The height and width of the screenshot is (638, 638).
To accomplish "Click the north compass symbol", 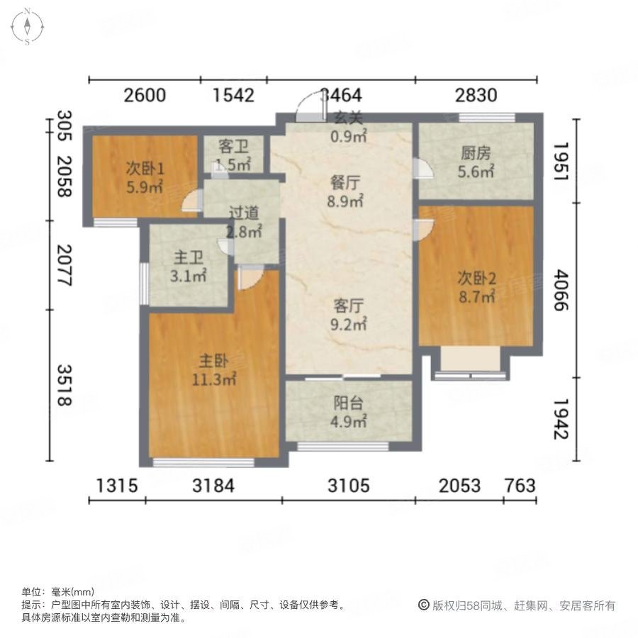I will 27,26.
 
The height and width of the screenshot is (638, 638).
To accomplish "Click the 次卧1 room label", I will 145,169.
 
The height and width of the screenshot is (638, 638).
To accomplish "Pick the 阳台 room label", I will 349,403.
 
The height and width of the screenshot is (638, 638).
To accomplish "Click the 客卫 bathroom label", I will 233,147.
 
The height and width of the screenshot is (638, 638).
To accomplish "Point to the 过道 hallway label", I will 243,212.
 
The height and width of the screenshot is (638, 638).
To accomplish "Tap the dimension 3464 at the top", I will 341,94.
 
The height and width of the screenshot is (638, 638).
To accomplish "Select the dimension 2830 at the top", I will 476,94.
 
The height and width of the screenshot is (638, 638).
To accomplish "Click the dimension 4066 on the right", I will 561,290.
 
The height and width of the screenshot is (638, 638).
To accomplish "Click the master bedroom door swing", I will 249,278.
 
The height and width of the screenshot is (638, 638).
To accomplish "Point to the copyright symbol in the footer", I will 425,605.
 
